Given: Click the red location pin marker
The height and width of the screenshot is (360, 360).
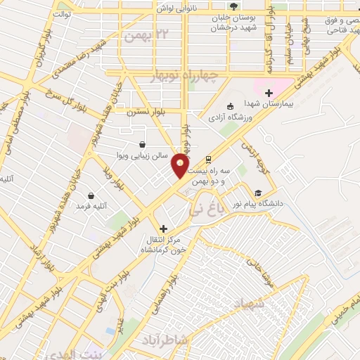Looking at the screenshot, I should tap(180, 167).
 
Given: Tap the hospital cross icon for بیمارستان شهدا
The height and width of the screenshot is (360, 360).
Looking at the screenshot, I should tap(268, 93).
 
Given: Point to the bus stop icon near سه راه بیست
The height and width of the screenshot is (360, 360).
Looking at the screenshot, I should tap(208, 160).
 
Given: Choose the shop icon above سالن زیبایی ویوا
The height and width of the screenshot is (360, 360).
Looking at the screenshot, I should tap(143, 144).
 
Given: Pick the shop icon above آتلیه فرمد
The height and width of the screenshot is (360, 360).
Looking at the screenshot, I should tap(91, 196).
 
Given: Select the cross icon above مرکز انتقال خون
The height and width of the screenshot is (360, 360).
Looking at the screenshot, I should tap(163, 229).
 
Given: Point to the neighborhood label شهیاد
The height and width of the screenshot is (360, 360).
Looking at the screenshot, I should tap(250, 305).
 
